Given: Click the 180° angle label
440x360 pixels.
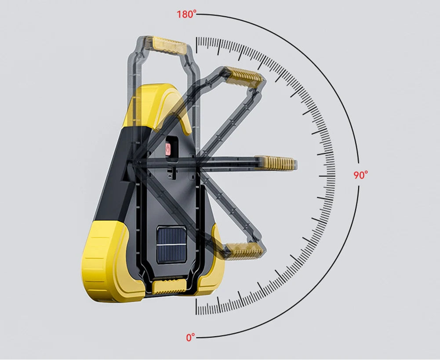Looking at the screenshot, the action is coord(187,14).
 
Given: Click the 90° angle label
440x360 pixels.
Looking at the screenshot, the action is coord(360,175).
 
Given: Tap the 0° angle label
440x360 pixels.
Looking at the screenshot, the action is coord(190,337).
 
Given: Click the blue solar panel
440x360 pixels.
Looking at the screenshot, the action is coord(171,245).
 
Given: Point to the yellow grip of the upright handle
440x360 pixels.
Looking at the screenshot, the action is coord(169,45).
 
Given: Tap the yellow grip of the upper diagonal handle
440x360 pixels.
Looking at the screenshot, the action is coord(244,77).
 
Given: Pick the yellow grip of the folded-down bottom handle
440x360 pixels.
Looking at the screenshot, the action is coord(169,286).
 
